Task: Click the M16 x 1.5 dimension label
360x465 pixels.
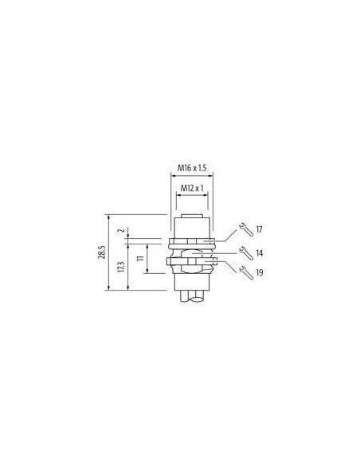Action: click(192, 168)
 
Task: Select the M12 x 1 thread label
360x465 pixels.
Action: click(192, 188)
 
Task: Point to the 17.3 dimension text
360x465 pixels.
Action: click(121, 267)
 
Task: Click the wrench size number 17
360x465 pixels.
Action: click(259, 229)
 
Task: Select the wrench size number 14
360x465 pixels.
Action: click(260, 253)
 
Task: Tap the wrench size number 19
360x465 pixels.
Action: click(260, 272)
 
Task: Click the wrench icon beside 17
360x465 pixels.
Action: click(246, 229)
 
